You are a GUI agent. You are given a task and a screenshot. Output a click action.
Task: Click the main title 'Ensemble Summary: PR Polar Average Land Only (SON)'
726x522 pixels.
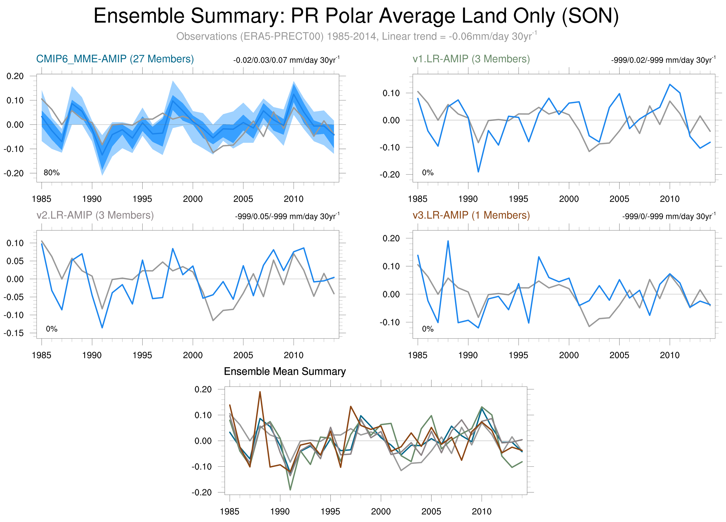click(356, 16)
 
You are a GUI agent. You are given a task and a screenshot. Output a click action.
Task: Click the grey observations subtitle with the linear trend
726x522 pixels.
click(356, 36)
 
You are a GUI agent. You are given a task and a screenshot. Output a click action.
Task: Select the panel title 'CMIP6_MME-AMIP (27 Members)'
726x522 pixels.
click(115, 59)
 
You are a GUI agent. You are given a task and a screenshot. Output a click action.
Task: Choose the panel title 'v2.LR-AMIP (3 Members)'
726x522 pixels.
click(95, 215)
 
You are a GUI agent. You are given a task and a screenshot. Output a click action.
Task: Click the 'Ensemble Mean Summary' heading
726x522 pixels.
click(285, 371)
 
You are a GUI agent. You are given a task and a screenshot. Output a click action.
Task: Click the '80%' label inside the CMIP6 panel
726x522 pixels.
click(51, 173)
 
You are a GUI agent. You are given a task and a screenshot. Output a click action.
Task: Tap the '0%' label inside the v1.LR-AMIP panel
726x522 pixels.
click(428, 173)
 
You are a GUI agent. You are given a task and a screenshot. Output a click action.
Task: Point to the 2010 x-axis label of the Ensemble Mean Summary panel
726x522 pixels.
click(481, 512)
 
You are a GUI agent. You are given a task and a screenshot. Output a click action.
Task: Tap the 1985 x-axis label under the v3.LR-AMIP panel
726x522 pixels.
click(418, 355)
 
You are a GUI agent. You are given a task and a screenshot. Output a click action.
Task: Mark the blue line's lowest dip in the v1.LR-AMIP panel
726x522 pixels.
click(478, 172)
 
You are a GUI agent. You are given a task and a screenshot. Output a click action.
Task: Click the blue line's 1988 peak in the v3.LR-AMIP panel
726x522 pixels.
click(448, 241)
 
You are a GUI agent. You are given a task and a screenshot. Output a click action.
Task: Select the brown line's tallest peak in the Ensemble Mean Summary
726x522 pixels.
click(260, 392)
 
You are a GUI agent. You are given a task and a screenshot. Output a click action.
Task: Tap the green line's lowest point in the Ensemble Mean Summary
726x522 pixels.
click(290, 490)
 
